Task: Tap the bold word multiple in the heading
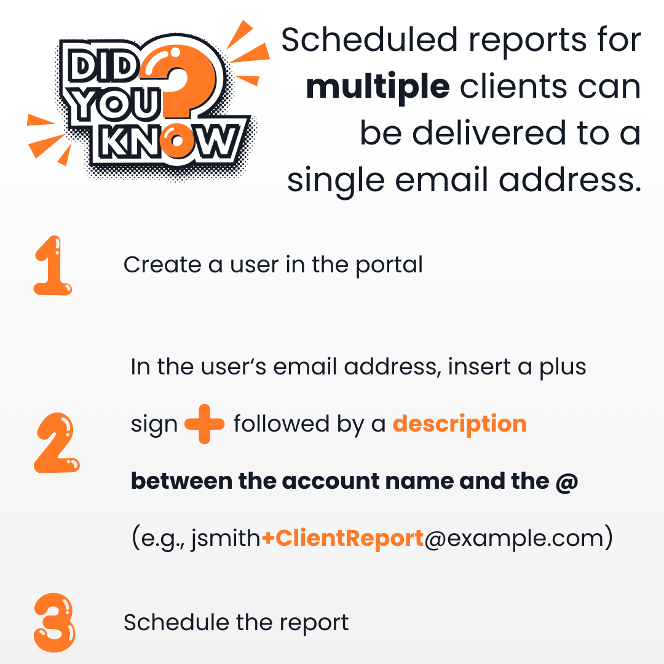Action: pos(378,87)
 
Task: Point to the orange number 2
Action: pos(57,443)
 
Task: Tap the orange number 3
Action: pos(55,622)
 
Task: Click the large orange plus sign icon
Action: pos(205,424)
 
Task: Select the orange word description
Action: pos(459,424)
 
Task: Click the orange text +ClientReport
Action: pos(342,538)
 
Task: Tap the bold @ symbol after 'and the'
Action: pos(566,481)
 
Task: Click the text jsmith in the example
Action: pos(226,539)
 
